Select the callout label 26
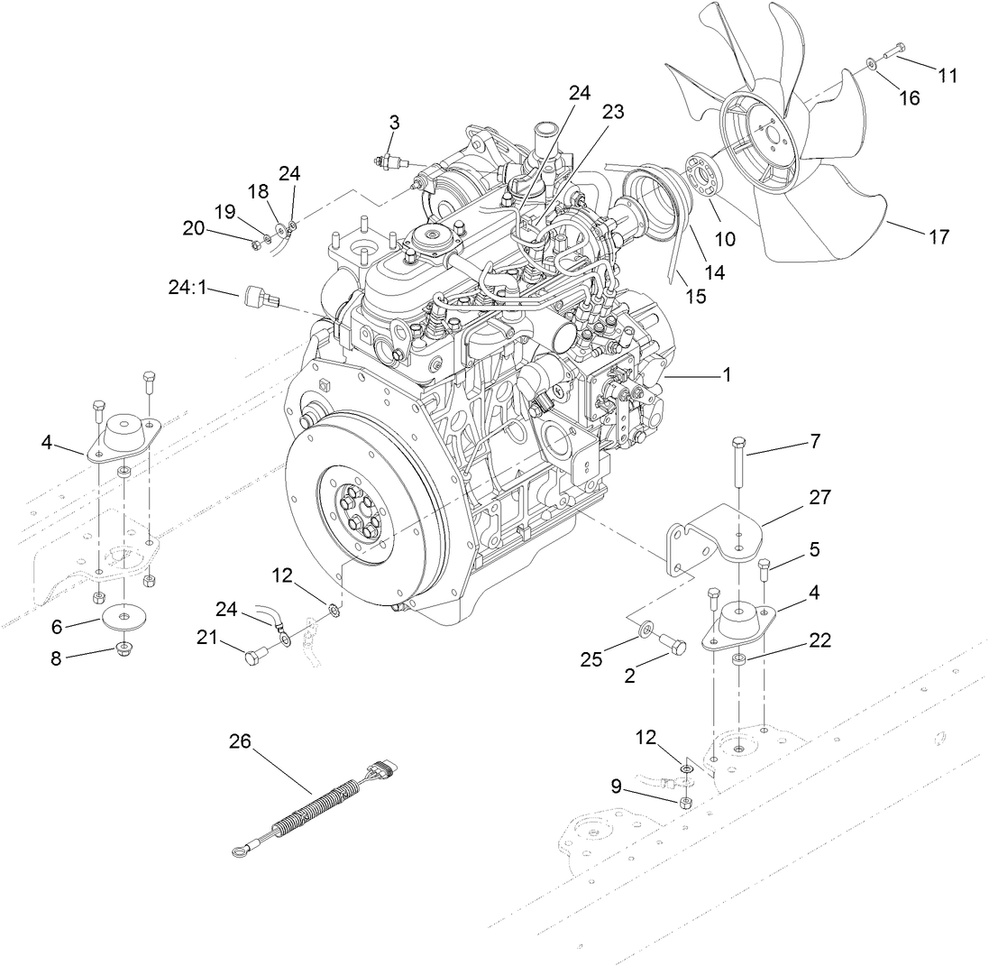(240, 741)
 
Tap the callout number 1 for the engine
(726, 374)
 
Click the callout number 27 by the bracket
(820, 497)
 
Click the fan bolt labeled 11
(889, 51)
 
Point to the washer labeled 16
(874, 65)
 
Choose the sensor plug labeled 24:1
(259, 298)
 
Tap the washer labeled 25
(647, 628)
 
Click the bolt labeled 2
(673, 643)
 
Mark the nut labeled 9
(686, 802)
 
